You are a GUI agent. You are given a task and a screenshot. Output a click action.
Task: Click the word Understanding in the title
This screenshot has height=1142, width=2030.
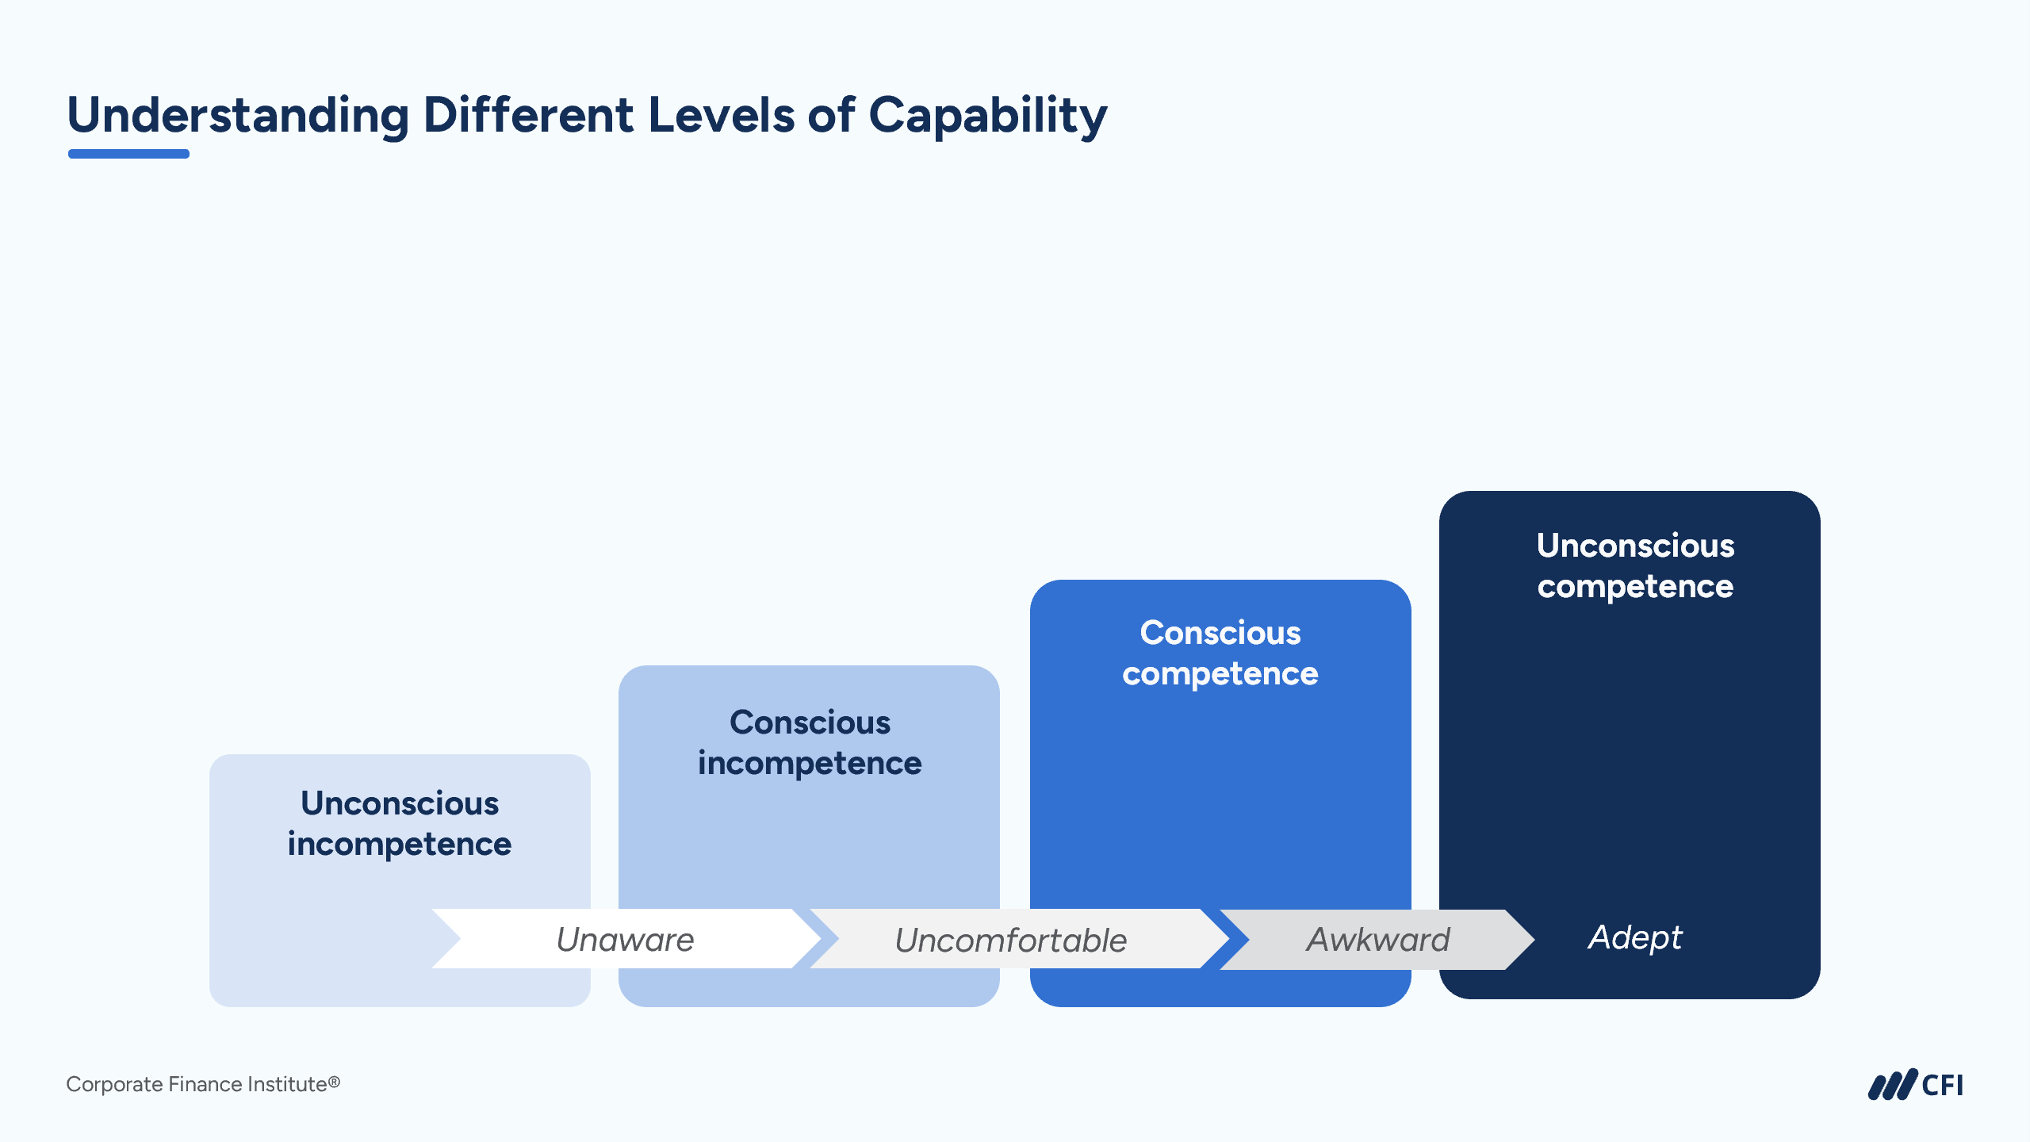[238, 116]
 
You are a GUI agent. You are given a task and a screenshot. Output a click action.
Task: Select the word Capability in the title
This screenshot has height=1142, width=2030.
[987, 116]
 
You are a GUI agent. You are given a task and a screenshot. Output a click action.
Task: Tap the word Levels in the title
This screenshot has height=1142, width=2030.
[721, 116]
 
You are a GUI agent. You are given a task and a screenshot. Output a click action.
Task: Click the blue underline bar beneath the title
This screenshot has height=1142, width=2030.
[128, 154]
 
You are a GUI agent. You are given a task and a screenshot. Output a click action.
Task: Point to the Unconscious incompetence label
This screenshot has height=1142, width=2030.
[400, 823]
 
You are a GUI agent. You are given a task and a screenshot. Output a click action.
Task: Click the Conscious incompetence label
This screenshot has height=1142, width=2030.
[810, 742]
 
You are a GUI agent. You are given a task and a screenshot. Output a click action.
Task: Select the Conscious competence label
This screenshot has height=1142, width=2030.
[1220, 653]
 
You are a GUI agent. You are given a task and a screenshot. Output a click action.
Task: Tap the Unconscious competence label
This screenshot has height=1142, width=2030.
[1635, 565]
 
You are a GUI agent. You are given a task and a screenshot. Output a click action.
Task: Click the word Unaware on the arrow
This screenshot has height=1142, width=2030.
[625, 940]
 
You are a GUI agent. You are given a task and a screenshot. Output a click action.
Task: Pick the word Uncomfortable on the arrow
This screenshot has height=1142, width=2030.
[1010, 941]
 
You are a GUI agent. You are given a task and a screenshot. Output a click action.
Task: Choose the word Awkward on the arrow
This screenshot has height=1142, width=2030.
[1378, 940]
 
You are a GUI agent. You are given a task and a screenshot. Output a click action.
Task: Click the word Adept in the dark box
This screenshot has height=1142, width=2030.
[1634, 937]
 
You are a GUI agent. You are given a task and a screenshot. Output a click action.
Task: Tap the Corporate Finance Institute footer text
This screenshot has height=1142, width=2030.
[203, 1084]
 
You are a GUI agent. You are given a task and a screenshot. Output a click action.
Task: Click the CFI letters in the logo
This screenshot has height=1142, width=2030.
[1942, 1086]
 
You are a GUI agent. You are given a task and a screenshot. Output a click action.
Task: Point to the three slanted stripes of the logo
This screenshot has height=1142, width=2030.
[1892, 1086]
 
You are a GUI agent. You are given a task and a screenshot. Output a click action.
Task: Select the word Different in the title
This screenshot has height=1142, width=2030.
[528, 116]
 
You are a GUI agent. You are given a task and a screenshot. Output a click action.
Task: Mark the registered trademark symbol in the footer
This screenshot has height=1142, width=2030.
[335, 1081]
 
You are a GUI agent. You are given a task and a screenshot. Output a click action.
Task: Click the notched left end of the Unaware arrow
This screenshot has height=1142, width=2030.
[448, 939]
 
